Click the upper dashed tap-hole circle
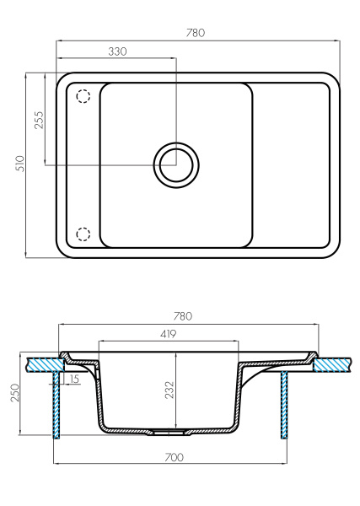click(x=83, y=96)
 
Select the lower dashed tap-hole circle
click(x=83, y=234)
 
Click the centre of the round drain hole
click(x=176, y=164)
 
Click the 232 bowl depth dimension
click(x=169, y=389)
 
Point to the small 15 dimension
click(x=75, y=379)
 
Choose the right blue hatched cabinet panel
click(x=283, y=405)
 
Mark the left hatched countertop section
click(x=41, y=363)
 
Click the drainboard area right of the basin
click(x=291, y=164)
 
